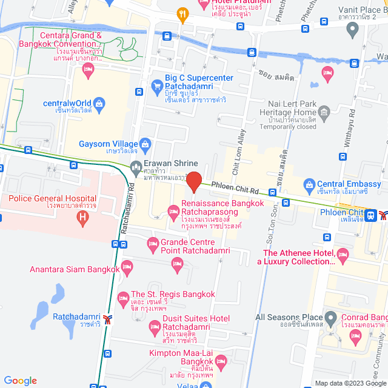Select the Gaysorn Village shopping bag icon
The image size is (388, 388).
pyautogui.click(x=145, y=144)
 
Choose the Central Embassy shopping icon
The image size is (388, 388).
pyautogui.click(x=309, y=184)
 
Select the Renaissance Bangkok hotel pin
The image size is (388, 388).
pyautogui.click(x=173, y=211)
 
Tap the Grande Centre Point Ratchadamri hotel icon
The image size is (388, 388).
pyautogui.click(x=153, y=244)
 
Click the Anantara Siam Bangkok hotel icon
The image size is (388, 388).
pyautogui.click(x=127, y=266)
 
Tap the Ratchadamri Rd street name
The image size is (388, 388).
pyautogui.click(x=127, y=209)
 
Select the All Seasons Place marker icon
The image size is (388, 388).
pyautogui.click(x=330, y=318)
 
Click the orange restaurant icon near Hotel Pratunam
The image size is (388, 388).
pyautogui.click(x=181, y=13)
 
